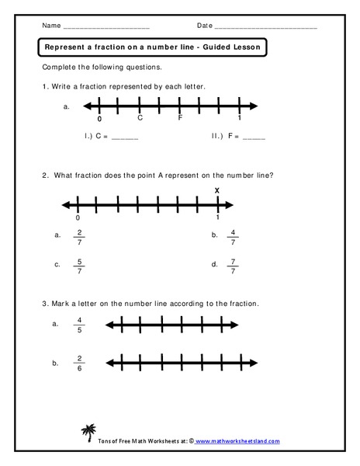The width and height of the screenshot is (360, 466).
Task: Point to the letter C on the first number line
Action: click(x=140, y=118)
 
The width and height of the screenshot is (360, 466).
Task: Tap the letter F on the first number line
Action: click(x=180, y=118)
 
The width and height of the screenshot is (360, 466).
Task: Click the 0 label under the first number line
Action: click(x=99, y=119)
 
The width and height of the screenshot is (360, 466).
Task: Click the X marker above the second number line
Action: click(x=217, y=191)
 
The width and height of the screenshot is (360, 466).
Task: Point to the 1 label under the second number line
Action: click(x=218, y=218)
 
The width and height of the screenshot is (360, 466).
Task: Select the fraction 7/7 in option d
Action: click(x=233, y=265)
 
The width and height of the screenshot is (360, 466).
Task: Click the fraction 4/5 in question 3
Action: click(x=78, y=326)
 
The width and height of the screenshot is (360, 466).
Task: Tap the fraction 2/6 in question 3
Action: click(x=78, y=362)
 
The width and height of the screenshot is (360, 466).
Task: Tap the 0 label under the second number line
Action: click(x=78, y=218)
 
